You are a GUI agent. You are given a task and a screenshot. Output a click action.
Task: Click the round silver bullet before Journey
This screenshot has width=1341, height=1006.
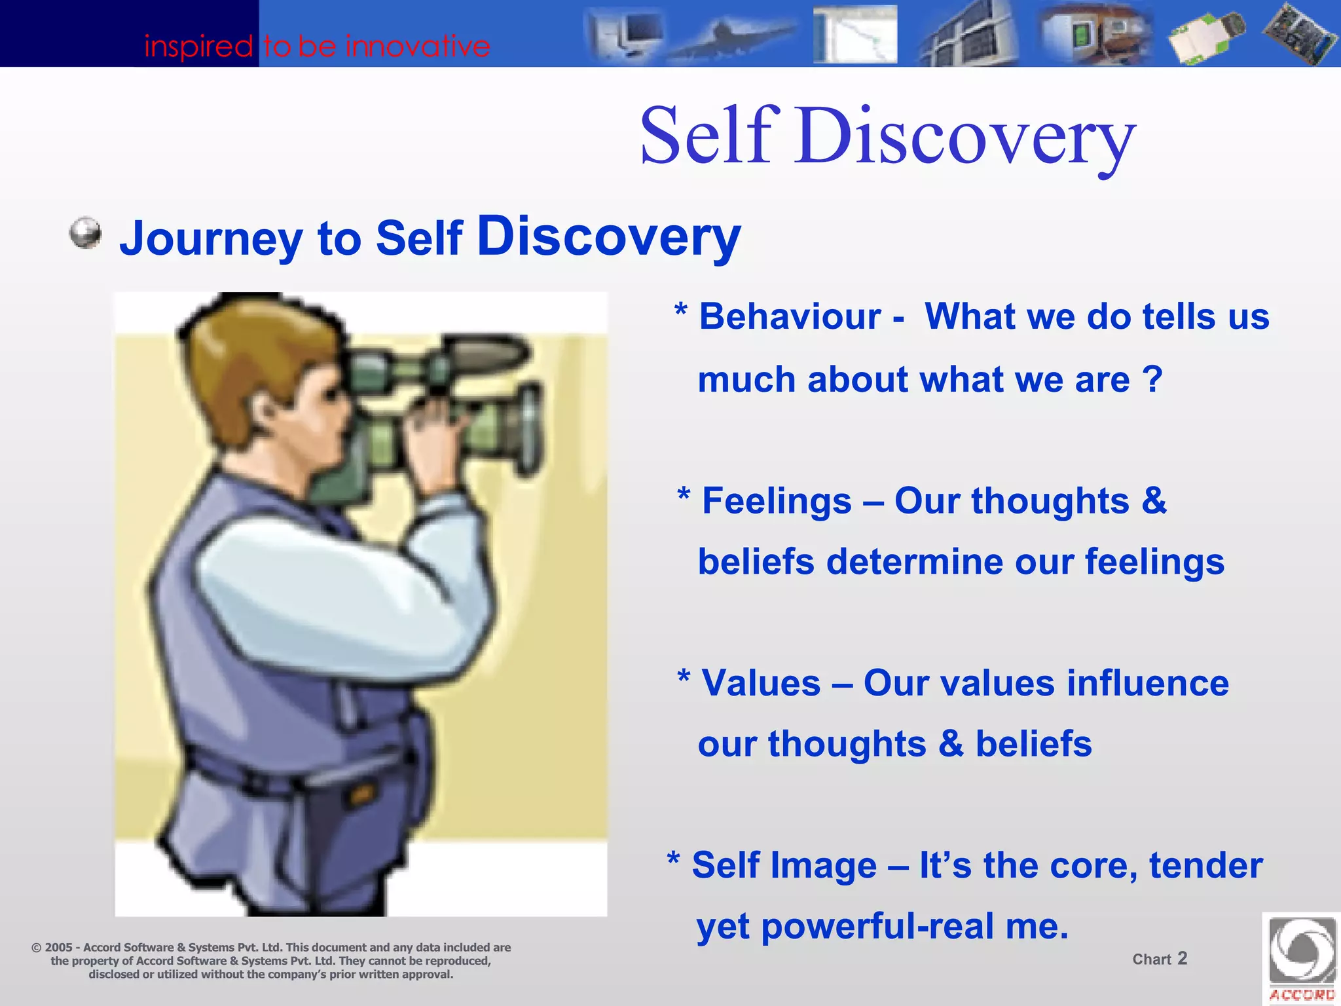(x=86, y=234)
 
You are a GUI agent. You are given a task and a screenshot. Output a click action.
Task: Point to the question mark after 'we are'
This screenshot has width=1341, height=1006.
(x=1152, y=379)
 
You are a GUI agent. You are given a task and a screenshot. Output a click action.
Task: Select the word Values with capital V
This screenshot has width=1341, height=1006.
(x=761, y=683)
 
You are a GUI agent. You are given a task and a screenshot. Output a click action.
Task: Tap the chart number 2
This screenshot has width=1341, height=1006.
(x=1182, y=958)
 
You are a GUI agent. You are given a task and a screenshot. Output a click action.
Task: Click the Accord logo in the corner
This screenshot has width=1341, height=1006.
(x=1302, y=958)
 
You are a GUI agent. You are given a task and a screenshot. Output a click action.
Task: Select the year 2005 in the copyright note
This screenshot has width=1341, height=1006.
(x=58, y=948)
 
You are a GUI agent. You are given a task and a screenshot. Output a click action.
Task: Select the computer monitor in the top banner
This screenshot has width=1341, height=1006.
(x=629, y=33)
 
